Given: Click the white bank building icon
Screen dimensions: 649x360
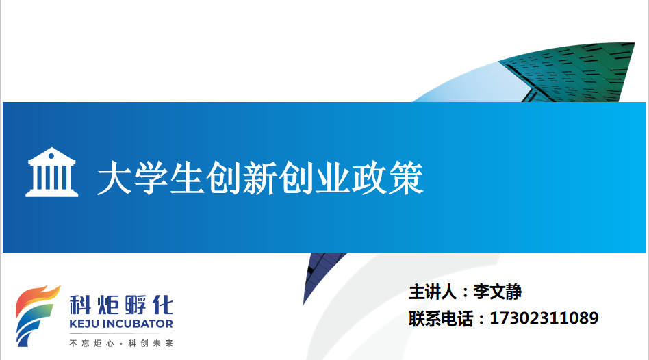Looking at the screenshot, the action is [x=52, y=172].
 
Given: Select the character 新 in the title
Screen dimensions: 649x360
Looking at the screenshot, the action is [x=260, y=178].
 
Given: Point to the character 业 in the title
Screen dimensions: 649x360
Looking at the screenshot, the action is [x=333, y=178].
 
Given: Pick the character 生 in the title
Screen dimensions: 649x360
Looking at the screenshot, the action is [x=188, y=178].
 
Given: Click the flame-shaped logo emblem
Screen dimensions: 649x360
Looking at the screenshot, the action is [x=36, y=316].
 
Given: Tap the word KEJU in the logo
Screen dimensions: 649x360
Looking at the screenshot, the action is [x=84, y=324].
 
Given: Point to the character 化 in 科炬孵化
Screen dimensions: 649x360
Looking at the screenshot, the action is [x=163, y=305].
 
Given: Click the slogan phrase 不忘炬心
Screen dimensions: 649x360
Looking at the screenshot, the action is [x=92, y=343].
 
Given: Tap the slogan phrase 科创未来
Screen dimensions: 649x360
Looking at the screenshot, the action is [x=151, y=343].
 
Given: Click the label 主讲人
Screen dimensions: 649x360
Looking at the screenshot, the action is [x=433, y=292].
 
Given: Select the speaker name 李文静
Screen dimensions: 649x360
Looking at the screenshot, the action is [x=498, y=292].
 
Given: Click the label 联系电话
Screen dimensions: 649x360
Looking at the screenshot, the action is [x=441, y=318].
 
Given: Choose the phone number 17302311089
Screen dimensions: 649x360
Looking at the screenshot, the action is [x=544, y=318].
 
